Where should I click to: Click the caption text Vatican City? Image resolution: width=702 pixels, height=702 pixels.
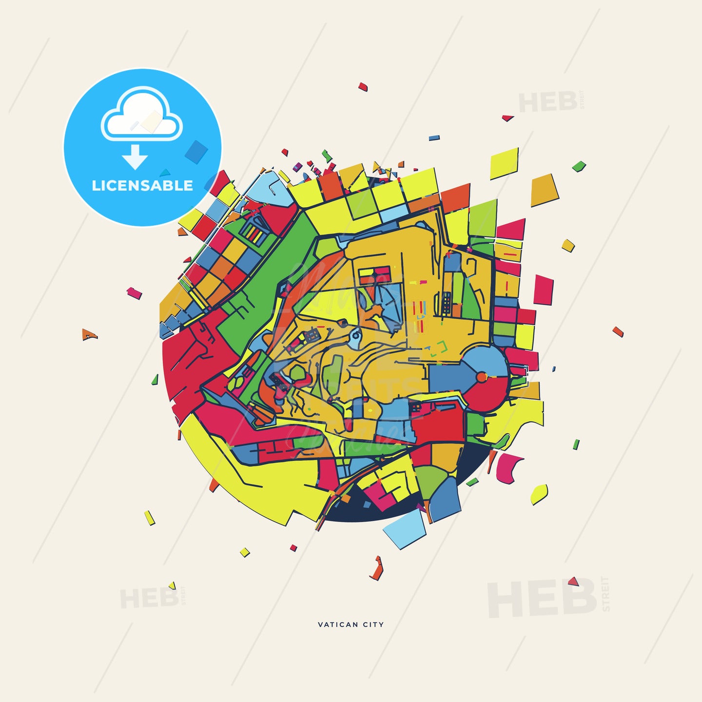[351, 624]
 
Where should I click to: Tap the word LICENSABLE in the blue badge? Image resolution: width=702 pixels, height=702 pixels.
[142, 186]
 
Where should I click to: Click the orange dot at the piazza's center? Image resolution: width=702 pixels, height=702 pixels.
[481, 377]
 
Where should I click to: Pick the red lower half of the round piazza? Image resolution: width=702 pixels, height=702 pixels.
[487, 395]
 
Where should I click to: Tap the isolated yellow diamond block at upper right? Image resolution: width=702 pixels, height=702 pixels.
[504, 163]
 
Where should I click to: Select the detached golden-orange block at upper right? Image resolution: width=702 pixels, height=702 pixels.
[544, 191]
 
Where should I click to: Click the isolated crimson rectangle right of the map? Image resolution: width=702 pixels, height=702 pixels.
[543, 290]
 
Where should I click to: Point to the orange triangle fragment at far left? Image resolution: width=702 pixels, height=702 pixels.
[88, 335]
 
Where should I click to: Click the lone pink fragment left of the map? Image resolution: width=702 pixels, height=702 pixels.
[134, 293]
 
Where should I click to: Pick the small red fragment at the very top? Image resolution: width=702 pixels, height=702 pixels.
[362, 87]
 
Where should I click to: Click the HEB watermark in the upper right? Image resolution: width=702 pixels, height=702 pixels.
[547, 102]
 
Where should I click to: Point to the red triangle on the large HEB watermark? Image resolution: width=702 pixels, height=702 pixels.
[573, 581]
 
